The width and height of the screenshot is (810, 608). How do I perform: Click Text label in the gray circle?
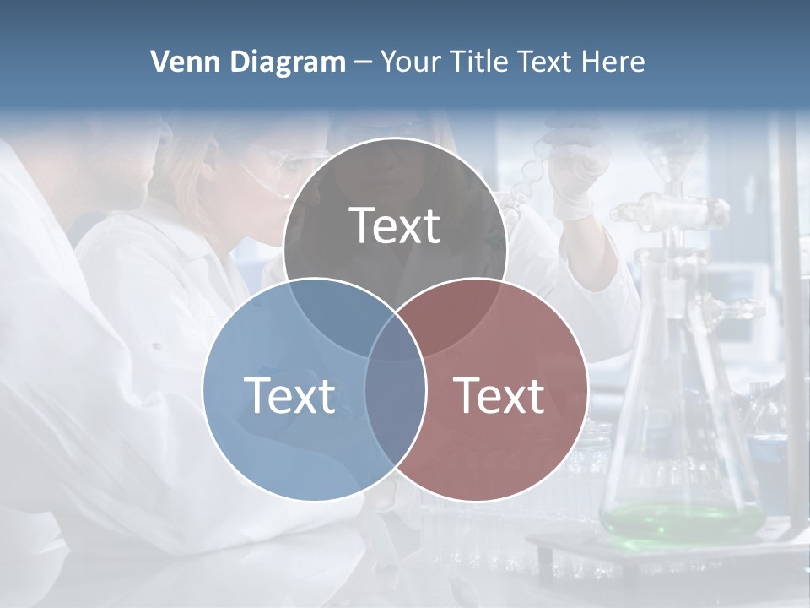pyautogui.click(x=395, y=225)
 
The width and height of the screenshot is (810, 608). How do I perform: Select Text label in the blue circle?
pyautogui.click(x=289, y=395)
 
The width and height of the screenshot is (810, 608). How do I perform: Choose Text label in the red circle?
pyautogui.click(x=499, y=395)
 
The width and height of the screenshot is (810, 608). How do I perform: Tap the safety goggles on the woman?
pyautogui.click(x=283, y=165)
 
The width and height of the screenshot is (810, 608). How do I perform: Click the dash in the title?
pyautogui.click(x=363, y=62)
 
